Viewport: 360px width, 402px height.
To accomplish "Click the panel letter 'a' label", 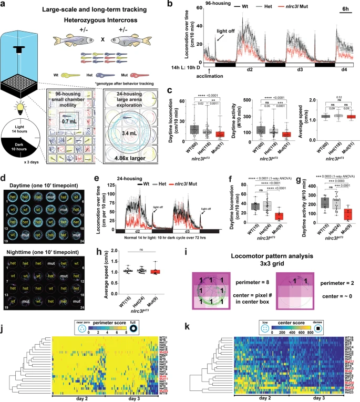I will click(x=4, y=5).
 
